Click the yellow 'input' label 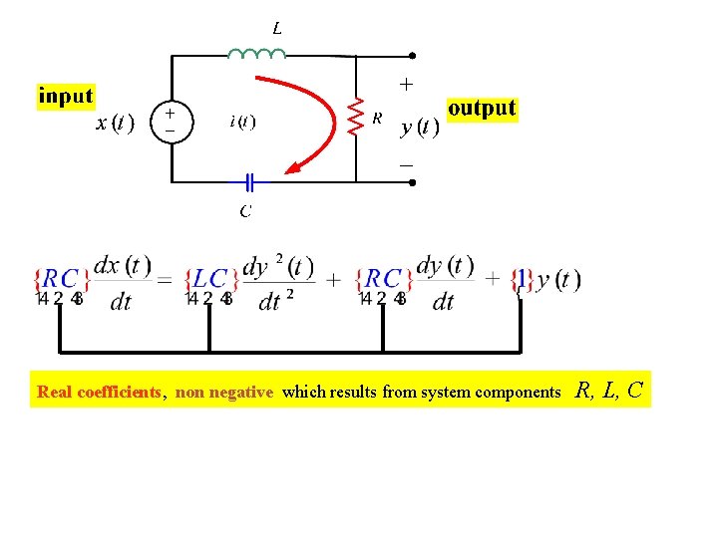click(x=66, y=97)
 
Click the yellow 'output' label click(x=482, y=108)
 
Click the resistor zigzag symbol click(x=356, y=116)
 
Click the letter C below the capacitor click(x=245, y=210)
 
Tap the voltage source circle click(x=171, y=122)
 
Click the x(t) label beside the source click(x=116, y=124)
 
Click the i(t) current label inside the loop click(x=242, y=123)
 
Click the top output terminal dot click(x=412, y=57)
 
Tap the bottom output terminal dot click(x=412, y=182)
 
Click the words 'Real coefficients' click(x=99, y=392)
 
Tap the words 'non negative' click(x=224, y=392)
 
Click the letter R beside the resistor click(x=378, y=118)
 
